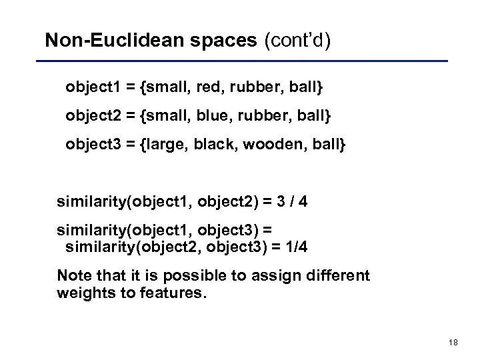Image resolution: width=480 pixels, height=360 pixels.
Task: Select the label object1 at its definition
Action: click(x=94, y=87)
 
